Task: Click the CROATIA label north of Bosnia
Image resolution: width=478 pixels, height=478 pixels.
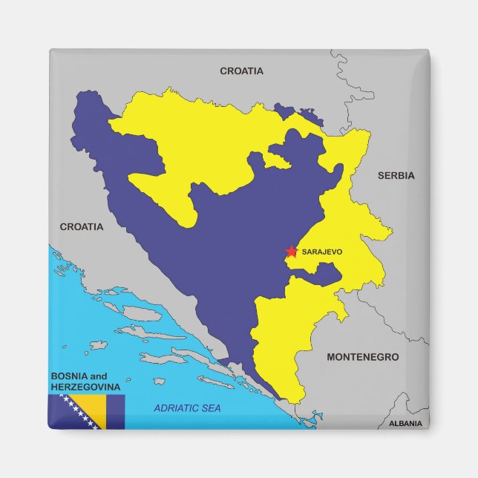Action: (241, 71)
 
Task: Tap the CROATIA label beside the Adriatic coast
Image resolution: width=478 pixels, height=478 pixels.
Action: (82, 226)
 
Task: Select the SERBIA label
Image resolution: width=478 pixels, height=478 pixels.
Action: (396, 176)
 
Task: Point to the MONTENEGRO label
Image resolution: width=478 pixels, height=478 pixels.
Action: (362, 357)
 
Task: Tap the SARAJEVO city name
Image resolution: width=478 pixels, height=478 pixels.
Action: (322, 252)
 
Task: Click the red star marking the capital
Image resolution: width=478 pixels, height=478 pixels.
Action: (291, 252)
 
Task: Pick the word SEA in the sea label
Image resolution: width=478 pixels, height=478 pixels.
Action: (211, 408)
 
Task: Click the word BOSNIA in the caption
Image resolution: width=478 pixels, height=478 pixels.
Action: (69, 376)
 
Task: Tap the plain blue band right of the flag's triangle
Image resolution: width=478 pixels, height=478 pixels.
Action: (115, 412)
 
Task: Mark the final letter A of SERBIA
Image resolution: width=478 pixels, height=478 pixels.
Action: (410, 176)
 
